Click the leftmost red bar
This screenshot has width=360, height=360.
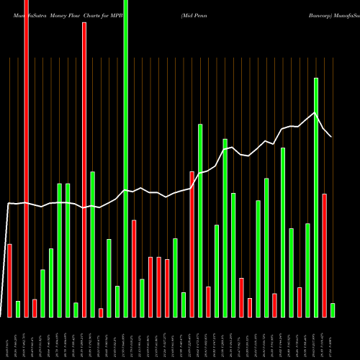[9, 281]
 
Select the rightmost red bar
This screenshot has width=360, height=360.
[325, 256]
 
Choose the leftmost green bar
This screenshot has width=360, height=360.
[18, 310]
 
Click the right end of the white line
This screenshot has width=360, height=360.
[331, 136]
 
